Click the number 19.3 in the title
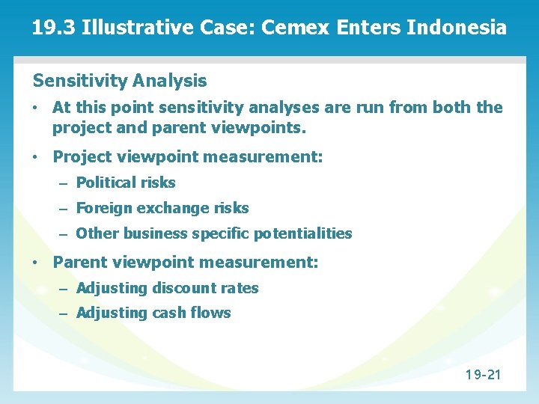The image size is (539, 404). (x=54, y=29)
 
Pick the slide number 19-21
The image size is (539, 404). (x=483, y=374)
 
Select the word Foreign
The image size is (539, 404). (x=103, y=208)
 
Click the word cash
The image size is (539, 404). (x=168, y=313)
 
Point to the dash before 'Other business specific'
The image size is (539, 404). (x=64, y=233)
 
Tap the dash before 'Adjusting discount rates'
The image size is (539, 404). (x=64, y=288)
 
